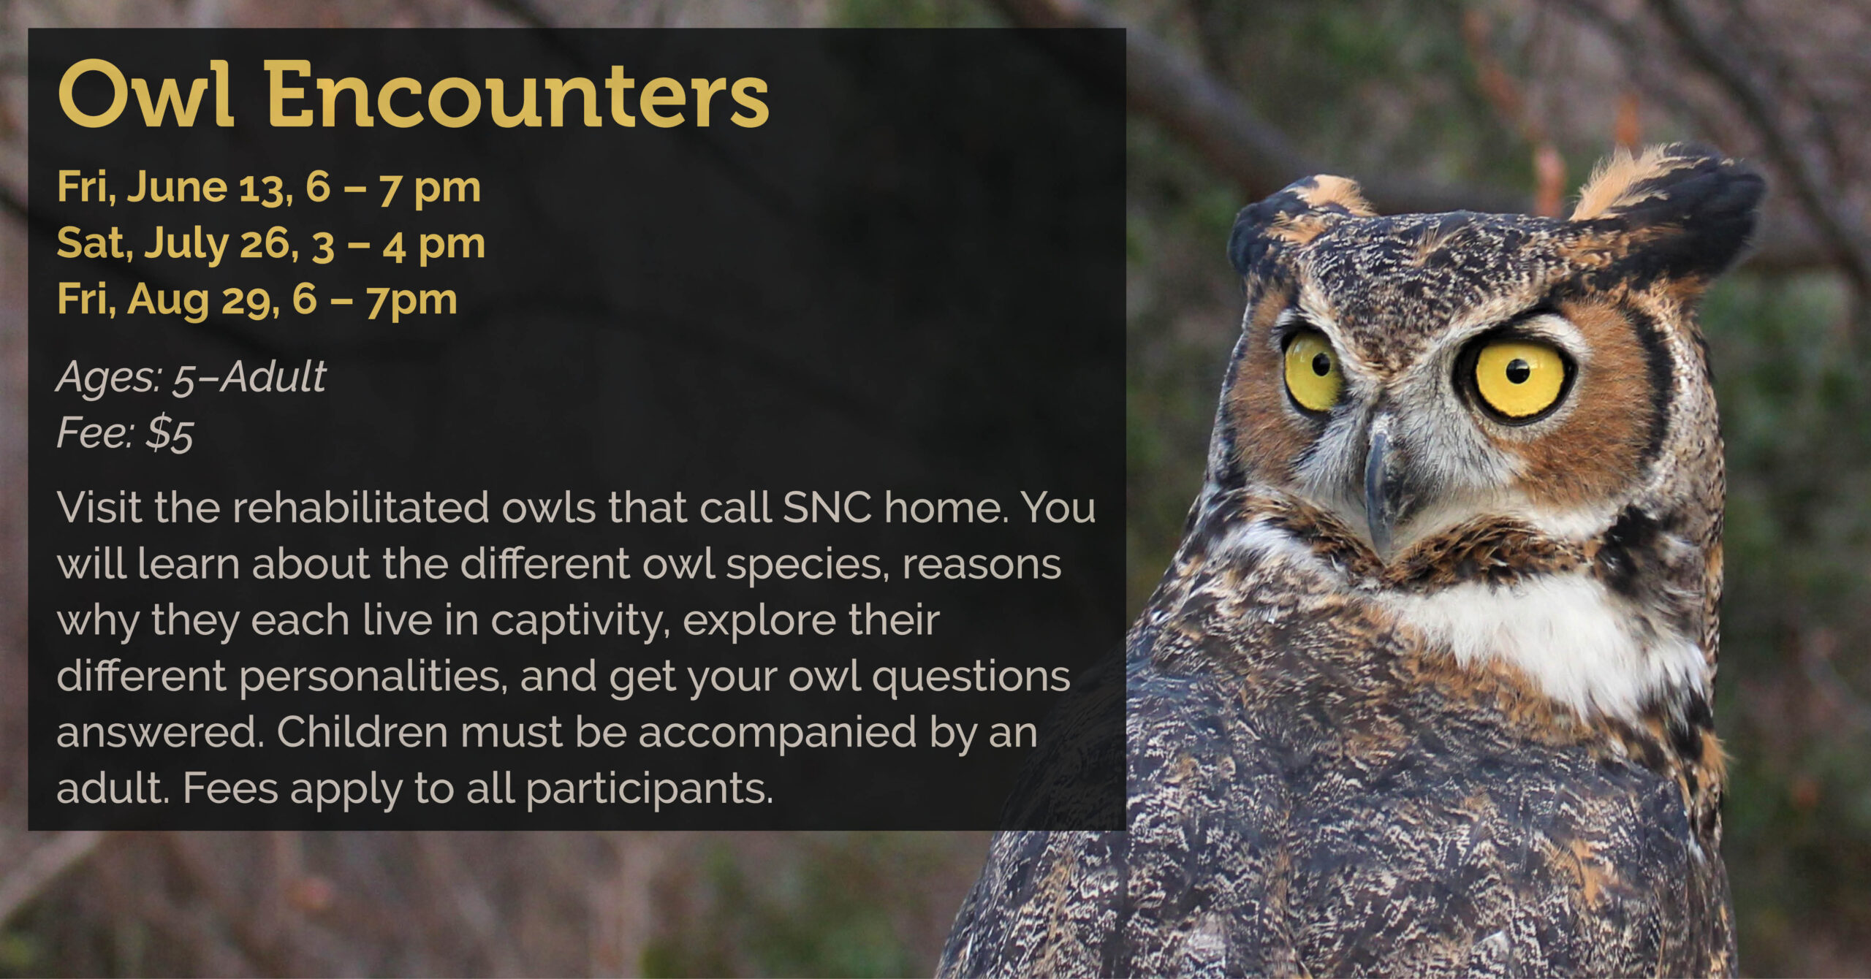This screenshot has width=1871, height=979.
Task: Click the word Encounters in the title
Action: pos(517,94)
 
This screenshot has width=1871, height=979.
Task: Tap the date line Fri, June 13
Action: pos(269,188)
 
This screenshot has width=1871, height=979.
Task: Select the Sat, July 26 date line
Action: pos(271,245)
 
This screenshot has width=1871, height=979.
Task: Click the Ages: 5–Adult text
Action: pos(191,378)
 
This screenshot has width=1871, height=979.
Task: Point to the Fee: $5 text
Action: pos(125,433)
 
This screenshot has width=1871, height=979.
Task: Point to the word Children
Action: pos(362,732)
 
